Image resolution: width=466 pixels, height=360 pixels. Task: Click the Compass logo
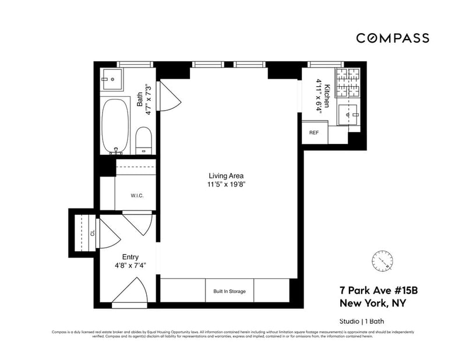click(393, 38)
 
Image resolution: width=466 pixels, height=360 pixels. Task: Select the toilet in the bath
click(143, 142)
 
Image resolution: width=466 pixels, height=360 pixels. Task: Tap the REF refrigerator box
click(314, 133)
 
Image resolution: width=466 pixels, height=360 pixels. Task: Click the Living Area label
click(226, 175)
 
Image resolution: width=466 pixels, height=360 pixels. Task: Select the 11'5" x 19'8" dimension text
click(226, 185)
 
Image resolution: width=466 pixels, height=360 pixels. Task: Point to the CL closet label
click(92, 232)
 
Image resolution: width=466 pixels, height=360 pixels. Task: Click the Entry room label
click(130, 256)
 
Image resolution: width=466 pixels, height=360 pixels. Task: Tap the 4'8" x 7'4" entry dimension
click(129, 266)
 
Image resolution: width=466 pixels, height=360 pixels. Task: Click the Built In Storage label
click(230, 291)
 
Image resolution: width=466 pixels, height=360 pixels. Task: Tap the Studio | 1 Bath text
click(362, 321)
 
